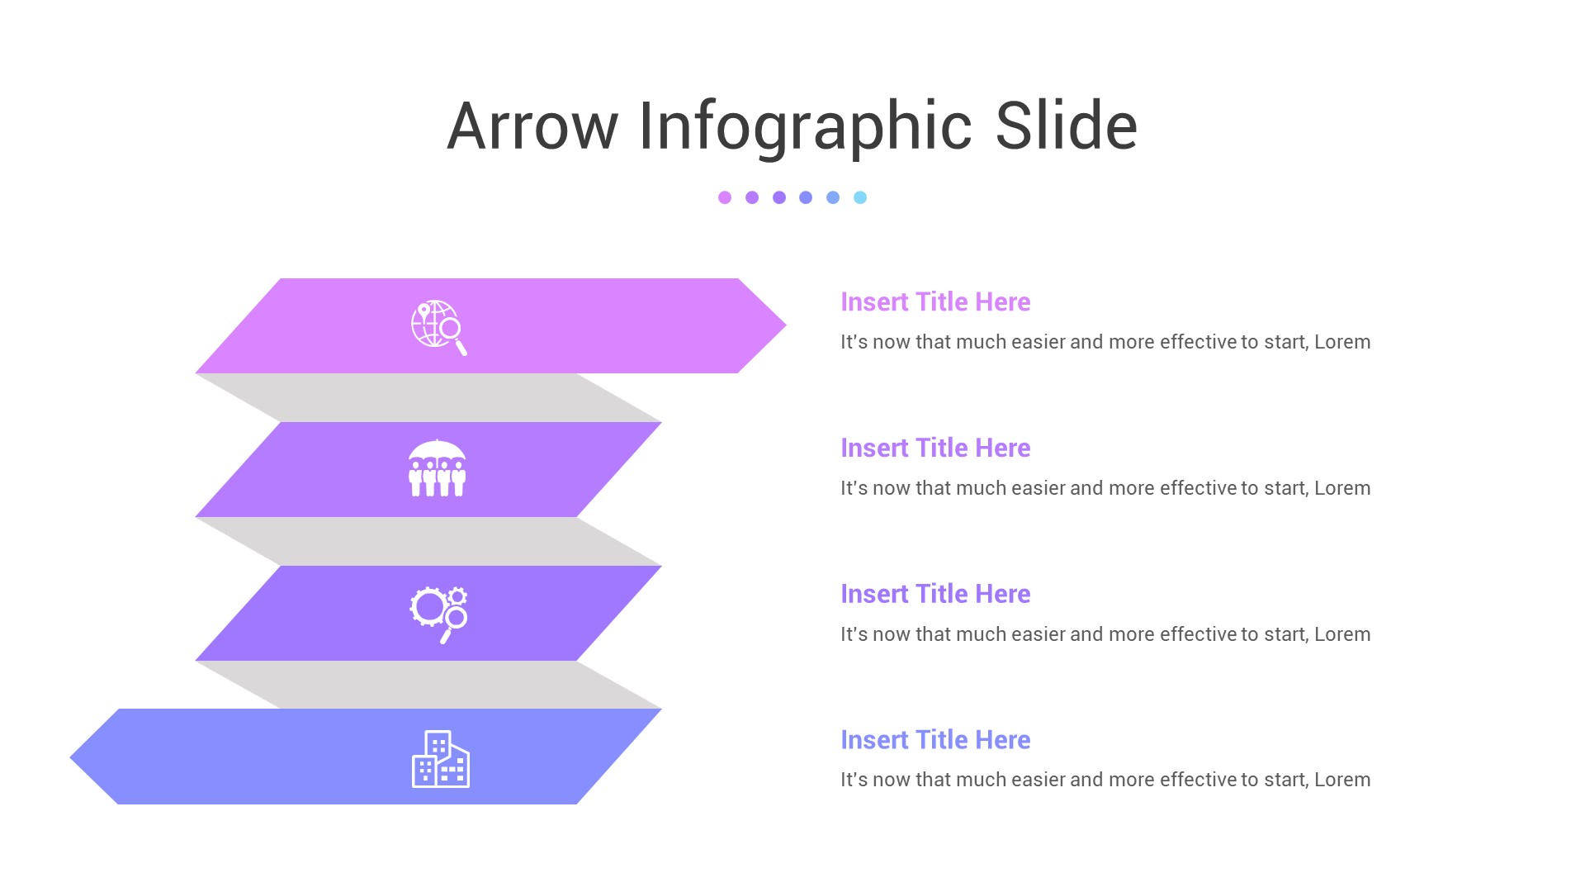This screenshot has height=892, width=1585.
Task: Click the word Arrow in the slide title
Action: click(532, 126)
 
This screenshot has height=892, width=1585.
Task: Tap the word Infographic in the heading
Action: click(805, 126)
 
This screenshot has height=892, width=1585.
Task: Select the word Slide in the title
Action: click(1066, 126)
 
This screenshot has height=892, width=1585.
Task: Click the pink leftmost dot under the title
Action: click(725, 197)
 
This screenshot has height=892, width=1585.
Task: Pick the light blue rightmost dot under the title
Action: click(860, 197)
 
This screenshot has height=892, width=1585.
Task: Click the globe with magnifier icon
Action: click(438, 327)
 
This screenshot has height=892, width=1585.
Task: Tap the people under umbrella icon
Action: click(438, 468)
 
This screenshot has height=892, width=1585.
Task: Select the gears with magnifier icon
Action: click(438, 614)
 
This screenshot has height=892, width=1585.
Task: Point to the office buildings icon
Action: click(441, 759)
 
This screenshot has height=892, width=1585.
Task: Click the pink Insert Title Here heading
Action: click(935, 302)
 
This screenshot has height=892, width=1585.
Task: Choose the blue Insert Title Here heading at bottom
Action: click(935, 740)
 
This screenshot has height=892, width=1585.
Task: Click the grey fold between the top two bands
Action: click(429, 398)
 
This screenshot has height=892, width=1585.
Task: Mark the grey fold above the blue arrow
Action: click(429, 685)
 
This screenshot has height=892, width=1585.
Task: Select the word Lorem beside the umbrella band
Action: click(1342, 488)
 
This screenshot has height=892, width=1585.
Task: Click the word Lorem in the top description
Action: click(1342, 342)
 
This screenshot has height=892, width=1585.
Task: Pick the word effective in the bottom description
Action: click(1198, 780)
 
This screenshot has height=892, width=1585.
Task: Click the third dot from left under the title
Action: click(779, 197)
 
